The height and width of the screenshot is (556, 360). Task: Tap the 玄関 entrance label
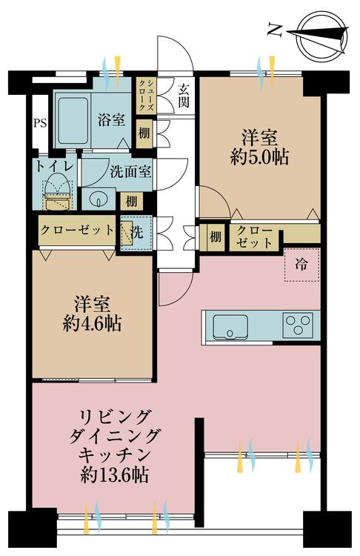tap(184, 96)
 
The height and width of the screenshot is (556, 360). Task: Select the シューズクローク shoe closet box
tap(146, 95)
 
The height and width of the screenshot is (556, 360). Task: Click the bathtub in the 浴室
tap(73, 121)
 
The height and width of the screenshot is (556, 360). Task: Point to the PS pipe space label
tap(40, 123)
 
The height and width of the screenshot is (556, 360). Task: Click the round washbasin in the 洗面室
tap(99, 199)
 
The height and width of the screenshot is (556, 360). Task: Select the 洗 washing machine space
tap(136, 233)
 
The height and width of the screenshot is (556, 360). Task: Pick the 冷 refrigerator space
tap(302, 265)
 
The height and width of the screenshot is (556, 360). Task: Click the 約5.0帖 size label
tap(259, 156)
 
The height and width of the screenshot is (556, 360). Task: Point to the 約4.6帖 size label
tap(92, 323)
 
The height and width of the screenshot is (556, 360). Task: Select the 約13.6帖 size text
tap(115, 474)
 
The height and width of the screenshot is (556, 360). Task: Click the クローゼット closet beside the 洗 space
tap(77, 231)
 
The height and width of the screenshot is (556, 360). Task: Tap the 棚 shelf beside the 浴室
tap(144, 133)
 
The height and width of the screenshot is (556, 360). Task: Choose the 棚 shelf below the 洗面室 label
tap(131, 202)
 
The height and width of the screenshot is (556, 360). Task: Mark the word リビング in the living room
tap(115, 417)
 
